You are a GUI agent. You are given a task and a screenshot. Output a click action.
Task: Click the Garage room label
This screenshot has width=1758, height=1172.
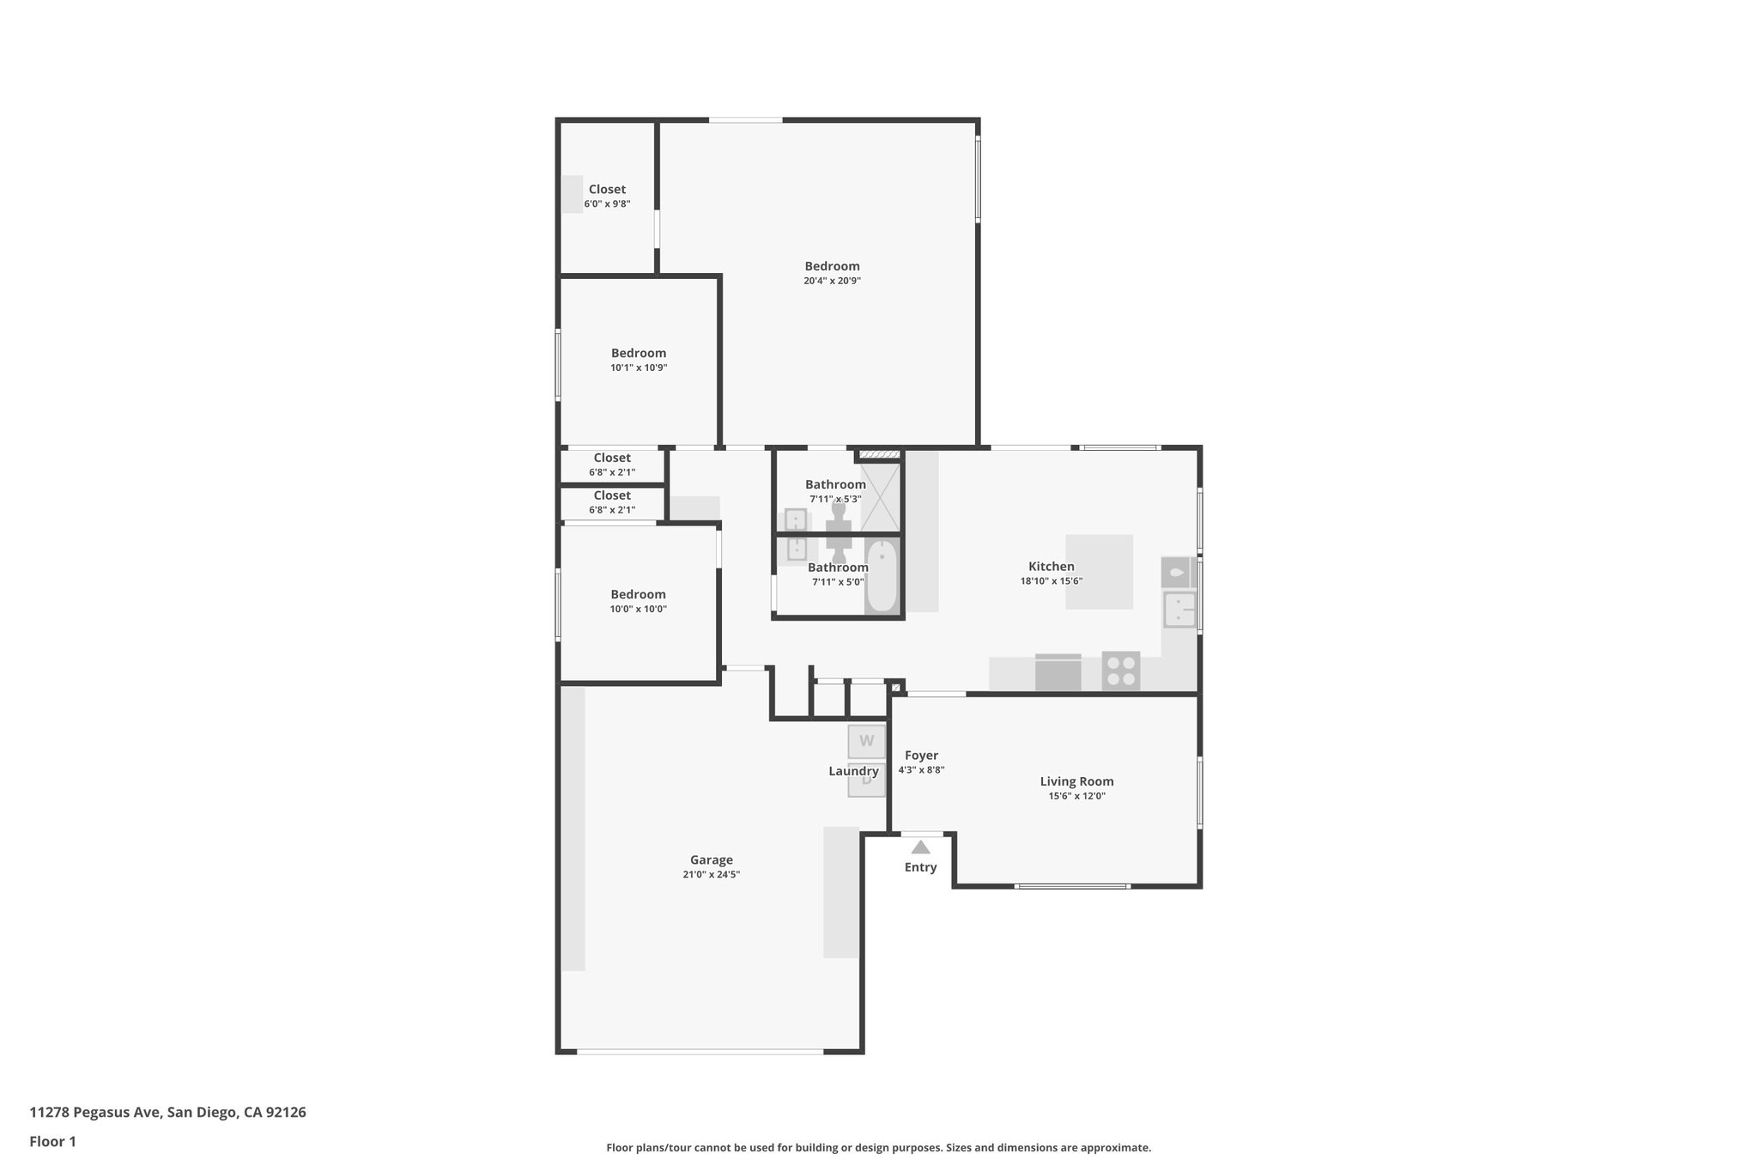pos(711,859)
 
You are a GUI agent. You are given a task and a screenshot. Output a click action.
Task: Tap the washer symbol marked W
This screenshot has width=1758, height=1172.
pos(866,741)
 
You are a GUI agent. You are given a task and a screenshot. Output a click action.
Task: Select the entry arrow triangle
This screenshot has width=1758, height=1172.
pos(920,847)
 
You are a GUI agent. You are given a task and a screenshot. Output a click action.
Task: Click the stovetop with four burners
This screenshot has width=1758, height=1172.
pos(1121,671)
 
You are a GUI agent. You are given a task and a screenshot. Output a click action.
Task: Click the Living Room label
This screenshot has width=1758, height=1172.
pos(1076,781)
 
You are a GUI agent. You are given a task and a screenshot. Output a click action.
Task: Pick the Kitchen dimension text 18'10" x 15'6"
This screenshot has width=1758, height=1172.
pos(1051,581)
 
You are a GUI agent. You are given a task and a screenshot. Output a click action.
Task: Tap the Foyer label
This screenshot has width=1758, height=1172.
pos(921,756)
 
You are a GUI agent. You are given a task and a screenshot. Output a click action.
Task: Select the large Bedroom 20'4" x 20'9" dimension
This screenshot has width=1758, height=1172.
pos(832,281)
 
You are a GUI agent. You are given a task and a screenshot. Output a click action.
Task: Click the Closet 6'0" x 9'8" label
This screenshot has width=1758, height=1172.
pos(607,190)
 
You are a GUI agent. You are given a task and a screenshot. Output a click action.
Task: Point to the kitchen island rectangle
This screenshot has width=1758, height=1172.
pos(1099,572)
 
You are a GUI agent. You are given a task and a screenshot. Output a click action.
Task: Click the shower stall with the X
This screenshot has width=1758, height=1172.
pos(881,496)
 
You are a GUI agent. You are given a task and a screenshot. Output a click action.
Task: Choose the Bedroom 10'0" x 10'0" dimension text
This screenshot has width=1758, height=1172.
pos(638,609)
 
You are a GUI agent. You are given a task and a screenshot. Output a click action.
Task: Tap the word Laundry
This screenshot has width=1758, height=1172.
pos(853,771)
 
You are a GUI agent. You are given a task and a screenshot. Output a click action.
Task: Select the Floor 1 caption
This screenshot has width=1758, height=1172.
pos(52,1141)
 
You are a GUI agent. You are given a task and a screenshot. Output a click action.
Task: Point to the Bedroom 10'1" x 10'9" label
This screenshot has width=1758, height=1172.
pos(639,353)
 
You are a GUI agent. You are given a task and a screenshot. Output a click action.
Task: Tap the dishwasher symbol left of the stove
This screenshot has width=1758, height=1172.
pos(1058,671)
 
